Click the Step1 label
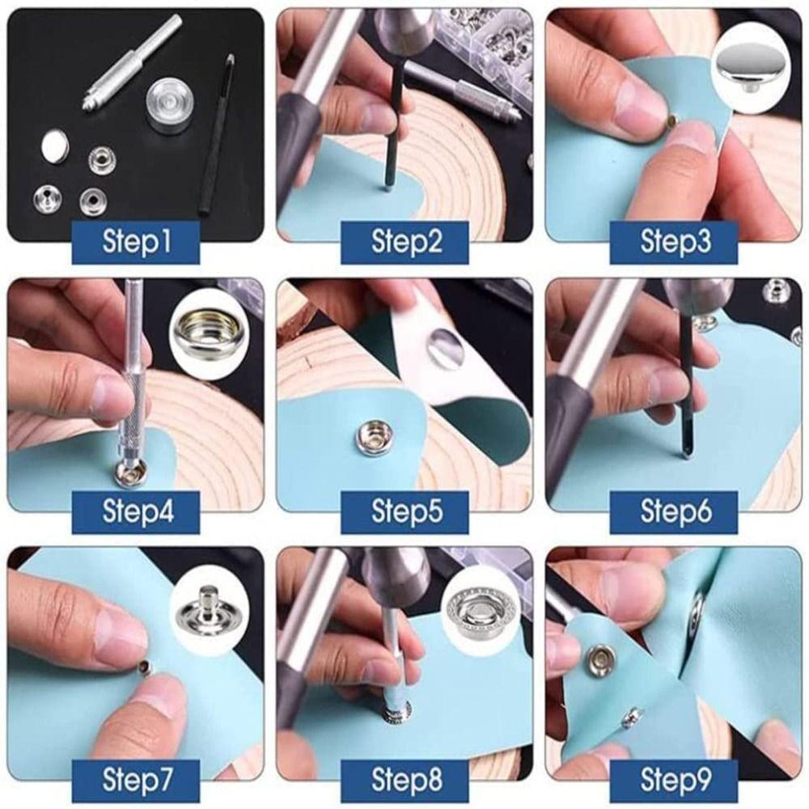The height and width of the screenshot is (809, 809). coord(136,241)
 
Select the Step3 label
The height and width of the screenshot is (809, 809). coord(673,241)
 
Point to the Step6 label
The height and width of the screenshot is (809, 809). coord(673,511)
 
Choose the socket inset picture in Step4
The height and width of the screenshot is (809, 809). coord(205,330)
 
